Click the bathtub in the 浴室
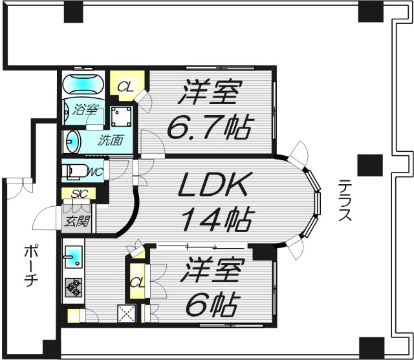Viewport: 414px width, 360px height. coord(82,85)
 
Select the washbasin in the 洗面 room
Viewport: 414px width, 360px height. coord(72,141)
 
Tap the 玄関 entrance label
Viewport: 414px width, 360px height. coord(78,222)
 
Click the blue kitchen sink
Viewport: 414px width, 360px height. coord(73,257)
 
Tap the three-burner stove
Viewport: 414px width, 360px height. coord(73,286)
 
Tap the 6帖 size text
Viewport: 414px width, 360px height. coord(212,301)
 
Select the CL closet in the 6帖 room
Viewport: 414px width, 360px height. coord(136,282)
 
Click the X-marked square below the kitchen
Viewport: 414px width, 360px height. coord(125,314)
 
